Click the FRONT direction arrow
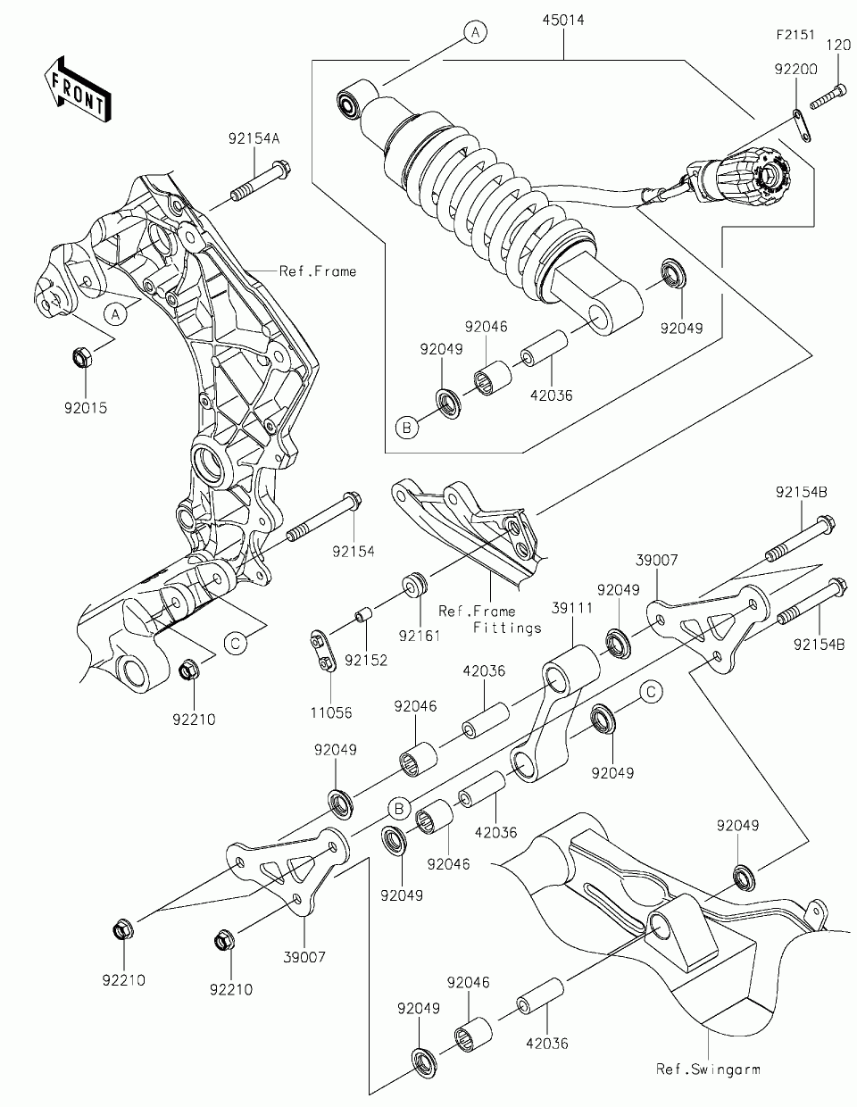coord(78,89)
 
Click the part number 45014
coord(563,21)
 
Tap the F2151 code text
coord(795,35)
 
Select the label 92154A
coord(254,138)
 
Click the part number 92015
coord(86,408)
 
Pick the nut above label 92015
coord(82,357)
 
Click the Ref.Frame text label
coord(318,271)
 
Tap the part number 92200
coord(796,69)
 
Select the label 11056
coord(331,712)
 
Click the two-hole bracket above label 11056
coord(321,652)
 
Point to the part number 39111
coord(573,608)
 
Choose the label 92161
coord(419,636)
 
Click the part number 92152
coord(366,661)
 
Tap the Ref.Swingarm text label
coord(708,1069)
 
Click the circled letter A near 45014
coord(475,33)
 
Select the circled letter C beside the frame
coord(236,644)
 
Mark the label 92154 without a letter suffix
coord(354,551)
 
